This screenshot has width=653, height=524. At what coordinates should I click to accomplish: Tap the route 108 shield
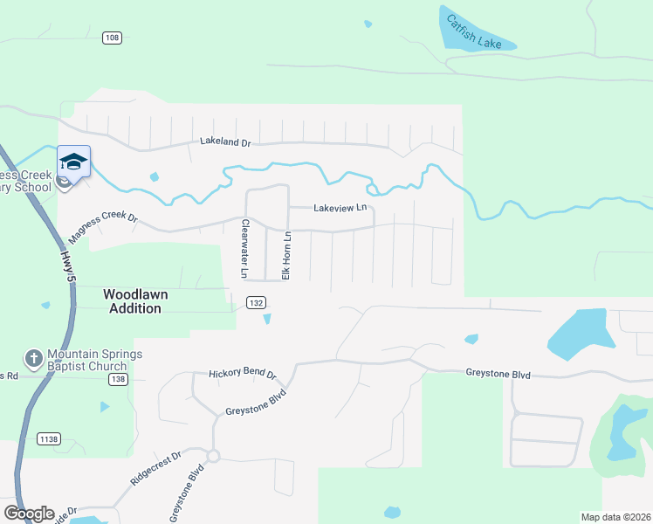pyautogui.click(x=111, y=38)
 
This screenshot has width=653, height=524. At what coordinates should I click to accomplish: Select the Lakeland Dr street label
pyautogui.click(x=225, y=141)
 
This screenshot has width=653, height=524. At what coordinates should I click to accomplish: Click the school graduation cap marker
pyautogui.click(x=74, y=162)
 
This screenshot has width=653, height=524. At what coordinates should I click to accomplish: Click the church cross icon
pyautogui.click(x=33, y=359)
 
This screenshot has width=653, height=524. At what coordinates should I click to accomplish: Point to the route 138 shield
pyautogui.click(x=119, y=379)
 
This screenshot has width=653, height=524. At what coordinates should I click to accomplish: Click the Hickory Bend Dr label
pyautogui.click(x=242, y=374)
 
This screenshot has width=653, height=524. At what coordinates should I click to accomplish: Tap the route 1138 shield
pyautogui.click(x=49, y=438)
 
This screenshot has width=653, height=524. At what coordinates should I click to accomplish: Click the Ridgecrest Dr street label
pyautogui.click(x=155, y=468)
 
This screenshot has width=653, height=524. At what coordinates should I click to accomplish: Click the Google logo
pyautogui.click(x=28, y=514)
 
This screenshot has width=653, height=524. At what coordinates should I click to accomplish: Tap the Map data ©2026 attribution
pyautogui.click(x=615, y=516)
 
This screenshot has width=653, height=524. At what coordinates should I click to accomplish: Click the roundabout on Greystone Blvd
pyautogui.click(x=213, y=455)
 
